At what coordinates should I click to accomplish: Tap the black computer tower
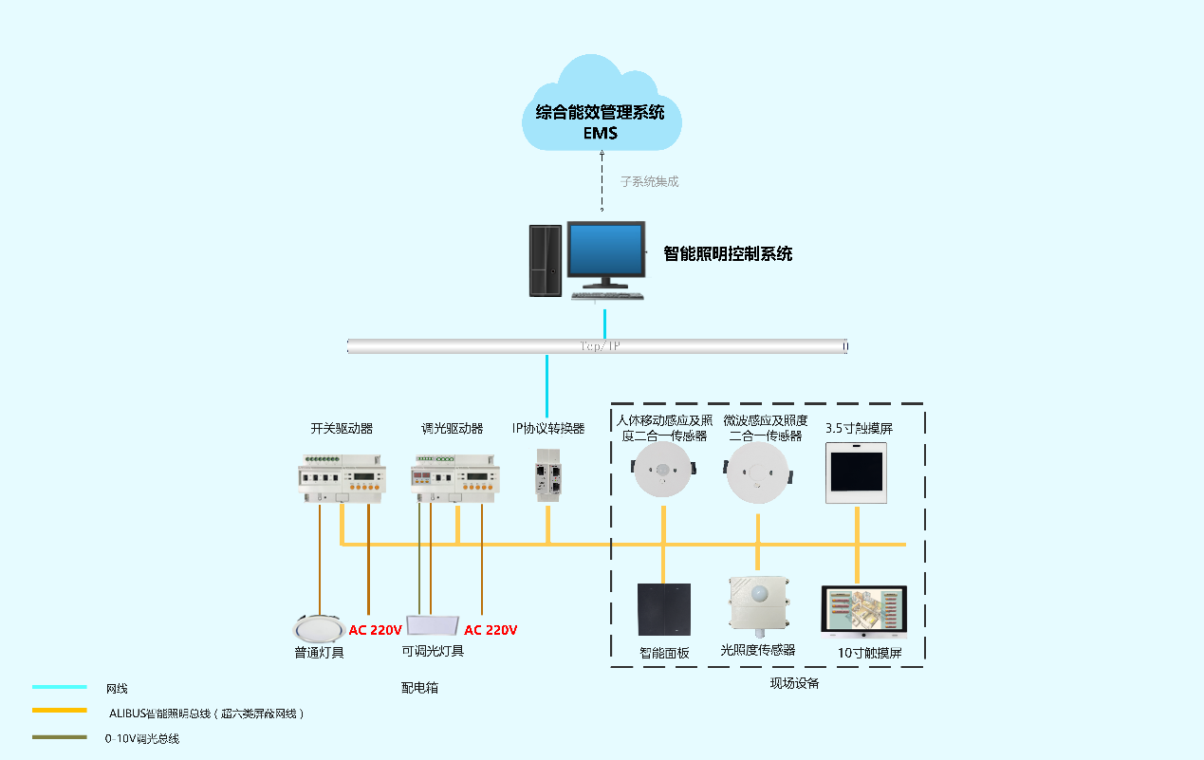(544, 261)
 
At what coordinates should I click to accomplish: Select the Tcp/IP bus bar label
(599, 346)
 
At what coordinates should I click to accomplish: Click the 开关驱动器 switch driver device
(338, 477)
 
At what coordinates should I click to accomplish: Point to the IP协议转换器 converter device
(547, 474)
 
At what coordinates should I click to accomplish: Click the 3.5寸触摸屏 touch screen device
(856, 472)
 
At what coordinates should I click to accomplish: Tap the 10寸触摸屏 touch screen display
(863, 612)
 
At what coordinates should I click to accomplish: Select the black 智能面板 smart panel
(663, 609)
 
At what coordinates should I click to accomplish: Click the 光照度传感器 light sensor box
(758, 603)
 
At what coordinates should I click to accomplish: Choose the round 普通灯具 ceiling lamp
(317, 629)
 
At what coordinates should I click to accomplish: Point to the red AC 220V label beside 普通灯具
(376, 630)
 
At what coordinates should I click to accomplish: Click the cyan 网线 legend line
(59, 688)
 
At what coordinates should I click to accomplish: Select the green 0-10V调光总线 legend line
(59, 737)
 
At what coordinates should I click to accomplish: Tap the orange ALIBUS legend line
(59, 713)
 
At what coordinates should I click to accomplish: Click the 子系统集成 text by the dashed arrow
(650, 180)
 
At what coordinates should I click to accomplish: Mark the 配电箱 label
(419, 688)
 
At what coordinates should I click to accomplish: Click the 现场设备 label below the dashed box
(794, 683)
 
